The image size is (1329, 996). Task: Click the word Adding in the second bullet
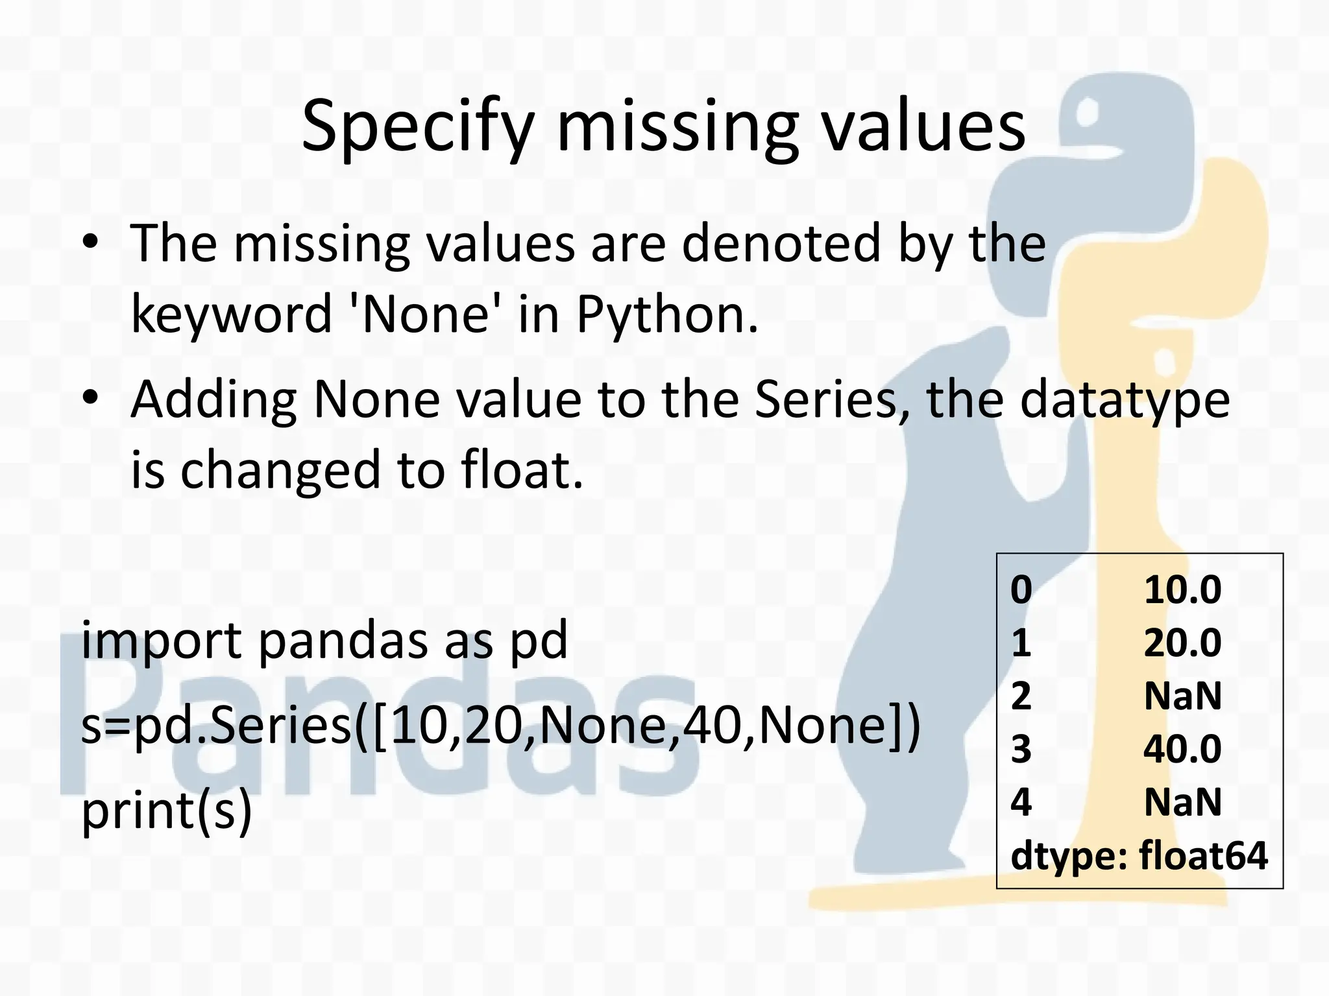click(213, 400)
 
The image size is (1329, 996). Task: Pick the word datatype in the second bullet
click(1125, 400)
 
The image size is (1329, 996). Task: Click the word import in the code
click(161, 641)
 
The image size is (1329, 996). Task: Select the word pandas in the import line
click(343, 639)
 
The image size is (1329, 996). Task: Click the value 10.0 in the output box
click(1182, 590)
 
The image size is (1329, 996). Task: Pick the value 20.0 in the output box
click(1182, 643)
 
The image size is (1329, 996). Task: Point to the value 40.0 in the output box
click(1182, 749)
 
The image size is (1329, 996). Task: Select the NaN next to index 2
click(1182, 696)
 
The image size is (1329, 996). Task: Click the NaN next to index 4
click(1182, 802)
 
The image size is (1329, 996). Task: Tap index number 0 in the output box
click(1021, 590)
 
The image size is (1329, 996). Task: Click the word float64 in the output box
click(1202, 856)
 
